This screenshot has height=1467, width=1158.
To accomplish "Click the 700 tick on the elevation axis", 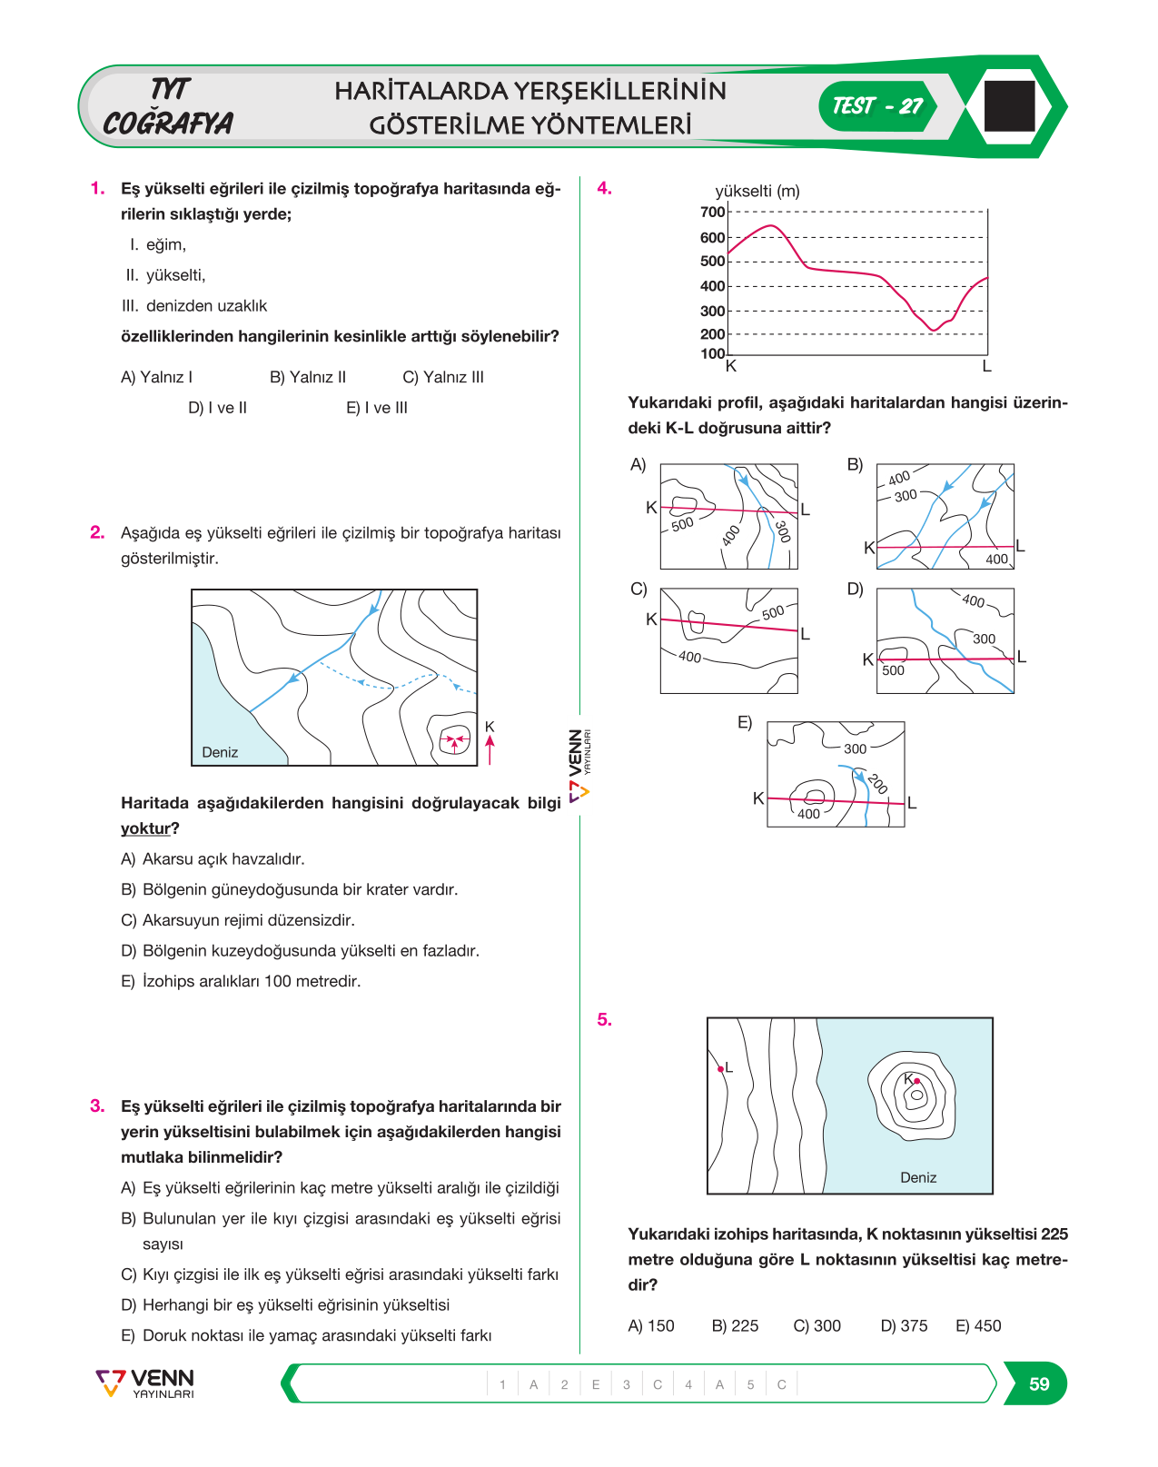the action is (712, 212).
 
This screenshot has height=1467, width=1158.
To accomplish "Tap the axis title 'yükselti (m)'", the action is (757, 191).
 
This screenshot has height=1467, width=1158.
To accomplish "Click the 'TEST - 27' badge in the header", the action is (877, 106).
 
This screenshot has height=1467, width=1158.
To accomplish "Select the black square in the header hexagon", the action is (1009, 106).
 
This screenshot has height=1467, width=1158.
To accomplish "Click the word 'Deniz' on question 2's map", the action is (220, 752).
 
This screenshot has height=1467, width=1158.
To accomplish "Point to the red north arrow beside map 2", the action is (490, 750).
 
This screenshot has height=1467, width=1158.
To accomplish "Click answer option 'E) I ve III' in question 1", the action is (377, 408).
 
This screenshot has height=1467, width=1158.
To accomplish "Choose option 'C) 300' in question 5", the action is (817, 1326).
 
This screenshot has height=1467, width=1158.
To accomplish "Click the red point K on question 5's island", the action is (916, 1081).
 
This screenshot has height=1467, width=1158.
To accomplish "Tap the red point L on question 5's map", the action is (720, 1069).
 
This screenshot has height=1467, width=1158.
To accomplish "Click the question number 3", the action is (97, 1105).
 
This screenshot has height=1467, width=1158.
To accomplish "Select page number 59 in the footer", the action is (1039, 1383).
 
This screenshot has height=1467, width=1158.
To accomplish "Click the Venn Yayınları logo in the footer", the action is (145, 1383).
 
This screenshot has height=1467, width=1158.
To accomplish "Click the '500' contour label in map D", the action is (893, 670).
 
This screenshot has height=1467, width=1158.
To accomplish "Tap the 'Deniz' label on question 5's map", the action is (918, 1177).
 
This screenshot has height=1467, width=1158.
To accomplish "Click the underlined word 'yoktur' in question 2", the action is (145, 828).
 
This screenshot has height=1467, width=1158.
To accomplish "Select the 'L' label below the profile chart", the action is (986, 367).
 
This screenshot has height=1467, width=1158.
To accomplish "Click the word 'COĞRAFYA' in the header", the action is (168, 123).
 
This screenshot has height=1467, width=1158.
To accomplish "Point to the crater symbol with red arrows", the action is (455, 738).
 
